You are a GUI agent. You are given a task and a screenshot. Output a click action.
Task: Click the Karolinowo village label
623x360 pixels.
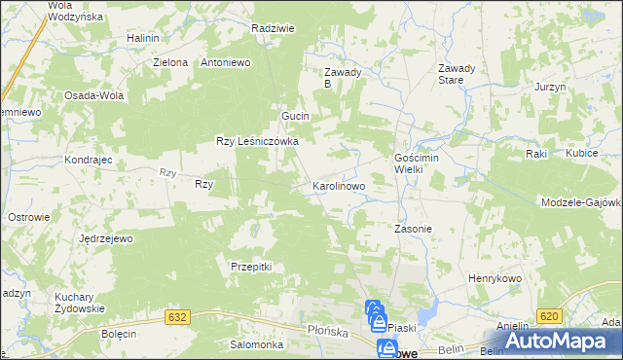click(x=338, y=184)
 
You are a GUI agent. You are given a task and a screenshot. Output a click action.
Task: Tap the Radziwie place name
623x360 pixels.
click(x=273, y=28)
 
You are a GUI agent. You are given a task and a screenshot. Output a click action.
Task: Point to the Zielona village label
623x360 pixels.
click(x=169, y=62)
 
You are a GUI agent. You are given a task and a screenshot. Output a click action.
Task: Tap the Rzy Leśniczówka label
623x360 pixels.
click(x=256, y=141)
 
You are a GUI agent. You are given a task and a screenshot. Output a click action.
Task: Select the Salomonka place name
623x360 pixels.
click(x=255, y=344)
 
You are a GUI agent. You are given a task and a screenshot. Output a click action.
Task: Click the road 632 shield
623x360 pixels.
click(x=176, y=317)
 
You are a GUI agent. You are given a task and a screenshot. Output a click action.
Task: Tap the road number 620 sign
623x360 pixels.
click(x=548, y=315)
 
